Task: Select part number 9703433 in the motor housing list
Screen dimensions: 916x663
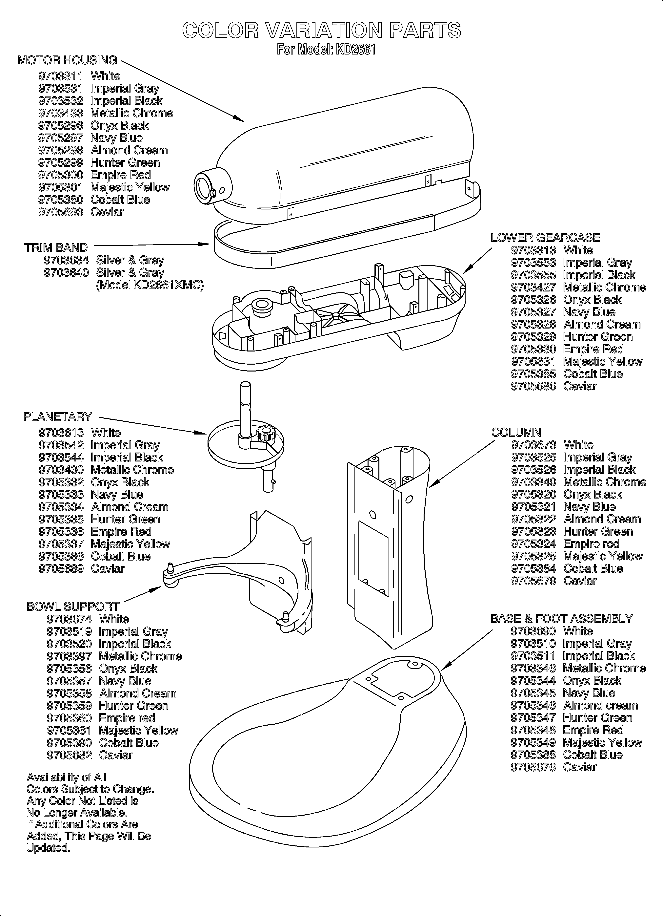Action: pyautogui.click(x=61, y=113)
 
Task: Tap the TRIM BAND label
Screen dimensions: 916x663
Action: pyautogui.click(x=56, y=248)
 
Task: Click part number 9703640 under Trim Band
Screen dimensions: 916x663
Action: pyautogui.click(x=66, y=273)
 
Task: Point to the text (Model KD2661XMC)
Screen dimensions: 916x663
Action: pyautogui.click(x=149, y=285)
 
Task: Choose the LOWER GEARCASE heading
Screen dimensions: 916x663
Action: pyautogui.click(x=545, y=238)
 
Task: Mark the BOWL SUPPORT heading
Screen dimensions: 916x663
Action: pyautogui.click(x=73, y=606)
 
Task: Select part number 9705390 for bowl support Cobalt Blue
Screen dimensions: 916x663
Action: pyautogui.click(x=69, y=743)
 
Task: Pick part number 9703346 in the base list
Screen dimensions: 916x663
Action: pyautogui.click(x=533, y=668)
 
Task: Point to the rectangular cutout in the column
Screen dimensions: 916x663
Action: pyautogui.click(x=373, y=559)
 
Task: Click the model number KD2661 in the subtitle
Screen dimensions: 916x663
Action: pyautogui.click(x=355, y=50)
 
